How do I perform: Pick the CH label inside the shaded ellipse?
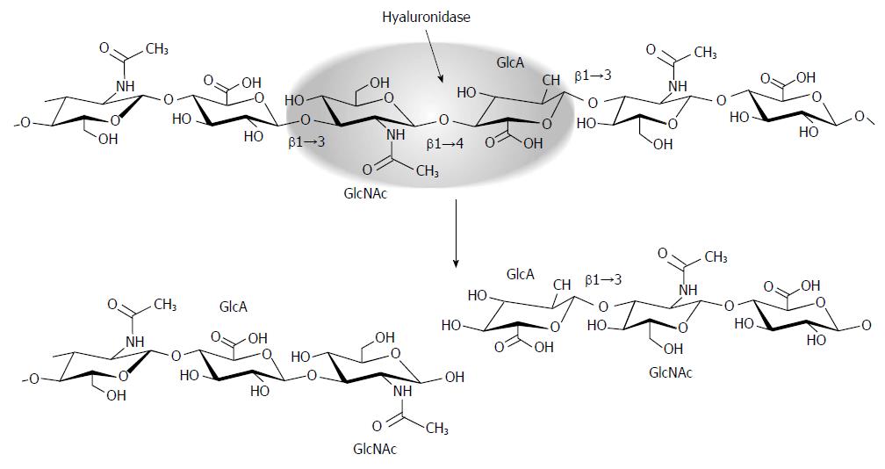550,82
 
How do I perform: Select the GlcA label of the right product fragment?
520,274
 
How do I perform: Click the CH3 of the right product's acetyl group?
716,257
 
